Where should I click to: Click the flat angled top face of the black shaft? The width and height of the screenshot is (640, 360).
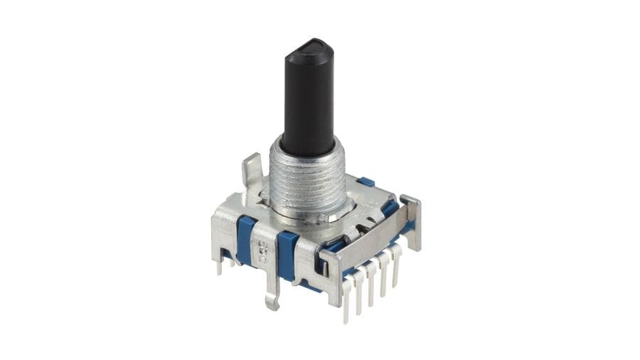[x=310, y=48]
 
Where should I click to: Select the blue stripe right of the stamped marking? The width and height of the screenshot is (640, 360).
[x=287, y=253]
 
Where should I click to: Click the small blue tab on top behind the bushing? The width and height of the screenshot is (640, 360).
[x=366, y=182]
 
